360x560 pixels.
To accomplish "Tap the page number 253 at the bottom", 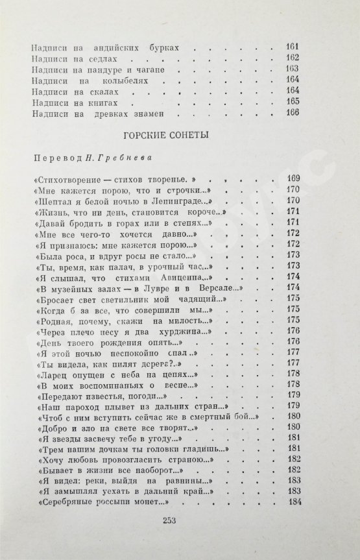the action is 178,523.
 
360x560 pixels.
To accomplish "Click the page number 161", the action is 291,47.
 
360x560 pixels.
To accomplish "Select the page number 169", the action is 291,178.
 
